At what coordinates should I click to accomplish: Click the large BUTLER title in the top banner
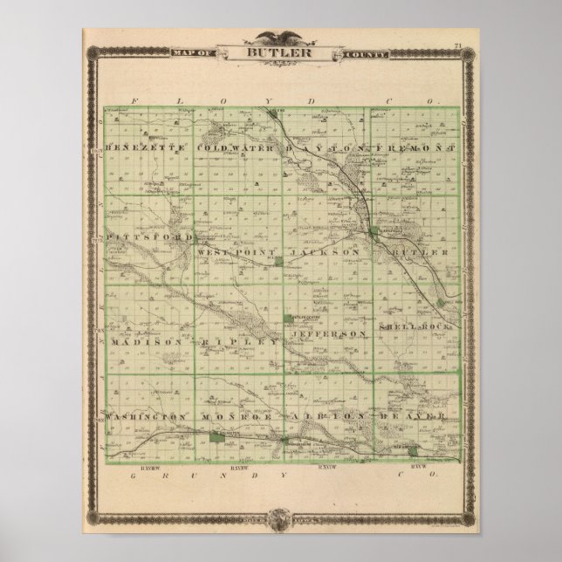click(x=280, y=51)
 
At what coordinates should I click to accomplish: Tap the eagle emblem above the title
click(x=280, y=37)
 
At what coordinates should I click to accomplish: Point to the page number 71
click(x=458, y=45)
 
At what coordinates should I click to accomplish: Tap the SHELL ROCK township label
click(x=414, y=326)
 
